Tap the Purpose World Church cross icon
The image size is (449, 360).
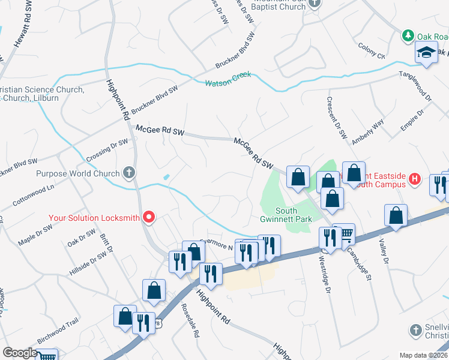coord(128,173)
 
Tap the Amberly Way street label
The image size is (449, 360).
coord(368,131)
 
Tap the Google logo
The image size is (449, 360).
coord(19,353)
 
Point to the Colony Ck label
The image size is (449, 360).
coord(372,51)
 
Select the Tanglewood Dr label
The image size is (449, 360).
coord(415,86)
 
